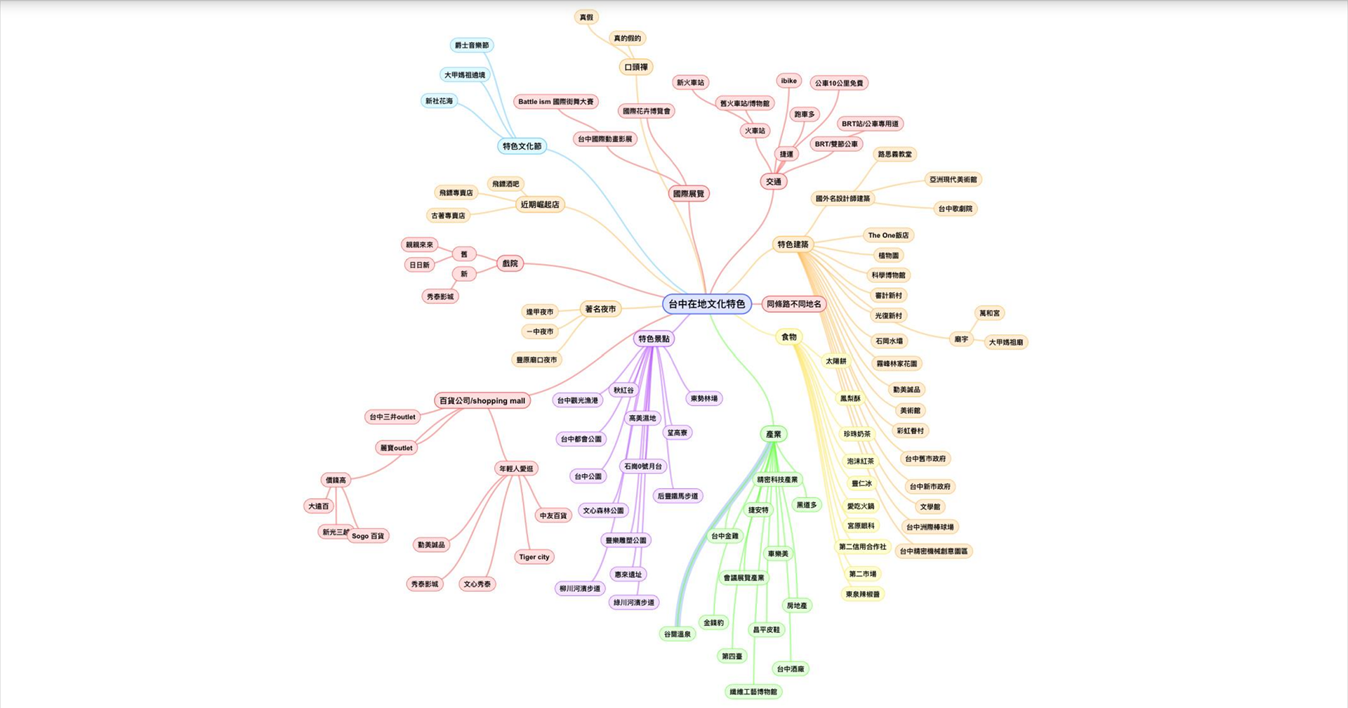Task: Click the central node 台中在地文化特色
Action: pos(706,304)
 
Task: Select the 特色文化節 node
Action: pos(522,146)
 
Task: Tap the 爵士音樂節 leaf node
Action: pos(472,46)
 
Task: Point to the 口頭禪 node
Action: pos(636,67)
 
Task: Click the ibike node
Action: pos(788,81)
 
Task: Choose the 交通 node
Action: pos(774,181)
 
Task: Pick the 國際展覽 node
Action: pos(688,194)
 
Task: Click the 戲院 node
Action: pos(510,263)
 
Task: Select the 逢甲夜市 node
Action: pos(540,312)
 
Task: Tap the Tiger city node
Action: pos(534,557)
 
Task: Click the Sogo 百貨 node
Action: pos(368,536)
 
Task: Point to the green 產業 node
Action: pos(773,434)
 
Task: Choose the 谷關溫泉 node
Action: pos(678,634)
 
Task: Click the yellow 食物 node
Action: pos(789,337)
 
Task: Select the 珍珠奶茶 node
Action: pos(857,434)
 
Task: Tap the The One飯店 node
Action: pos(888,235)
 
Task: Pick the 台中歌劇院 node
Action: pos(956,209)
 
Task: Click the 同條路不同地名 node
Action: pos(793,304)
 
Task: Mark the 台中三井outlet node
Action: pos(392,417)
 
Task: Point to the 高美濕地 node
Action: pos(642,419)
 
